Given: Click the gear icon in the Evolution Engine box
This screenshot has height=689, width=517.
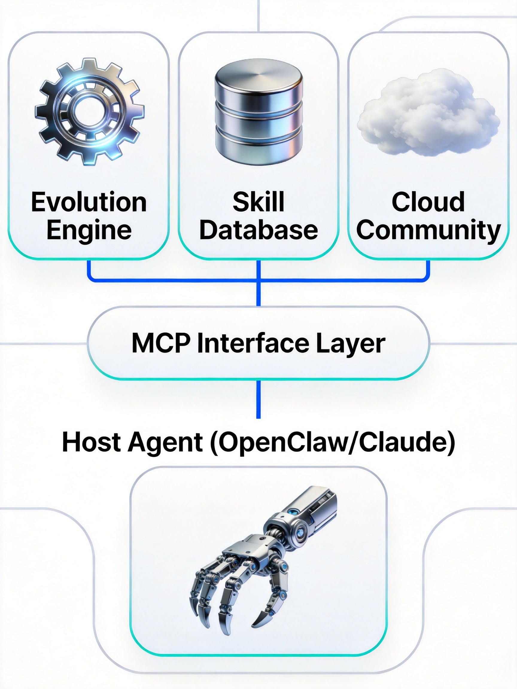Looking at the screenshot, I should click(x=89, y=111).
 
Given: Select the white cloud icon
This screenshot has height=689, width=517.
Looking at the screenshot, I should click(x=428, y=114).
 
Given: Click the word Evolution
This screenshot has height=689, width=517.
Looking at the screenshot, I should click(x=89, y=202).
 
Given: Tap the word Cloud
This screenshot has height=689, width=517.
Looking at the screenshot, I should click(x=428, y=202).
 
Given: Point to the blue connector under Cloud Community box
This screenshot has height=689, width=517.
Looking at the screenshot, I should click(x=428, y=271).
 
